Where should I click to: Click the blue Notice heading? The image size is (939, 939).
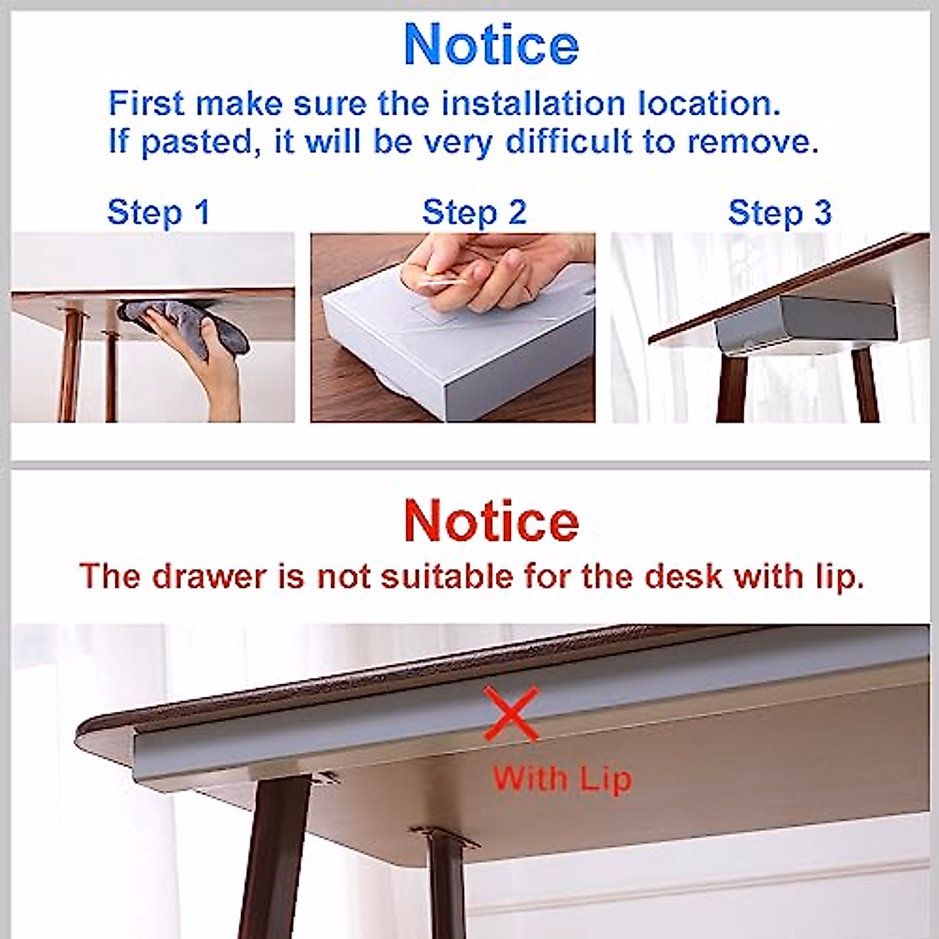[491, 45]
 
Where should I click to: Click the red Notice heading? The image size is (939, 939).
[491, 520]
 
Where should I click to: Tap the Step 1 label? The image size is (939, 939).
[158, 212]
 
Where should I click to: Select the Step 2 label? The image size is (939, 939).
[474, 212]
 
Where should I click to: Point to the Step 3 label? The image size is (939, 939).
[779, 212]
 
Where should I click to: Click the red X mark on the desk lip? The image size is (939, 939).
[510, 713]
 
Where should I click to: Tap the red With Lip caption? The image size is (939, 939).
[561, 779]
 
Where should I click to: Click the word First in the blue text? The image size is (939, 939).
[146, 103]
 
